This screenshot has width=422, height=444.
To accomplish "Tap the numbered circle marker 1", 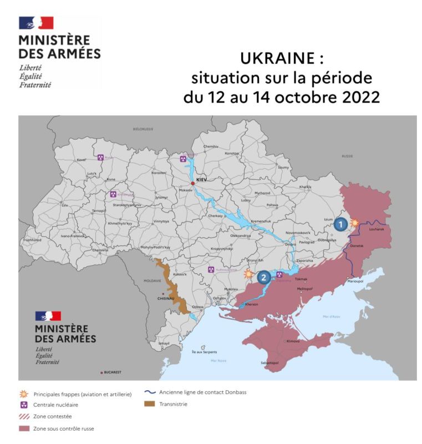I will tap(340, 224).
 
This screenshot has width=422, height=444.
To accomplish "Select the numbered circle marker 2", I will tap(264, 276).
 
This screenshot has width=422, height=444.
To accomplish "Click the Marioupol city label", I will tap(354, 281).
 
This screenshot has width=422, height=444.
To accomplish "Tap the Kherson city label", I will tap(252, 304).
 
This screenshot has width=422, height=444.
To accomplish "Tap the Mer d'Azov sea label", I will tap(332, 316).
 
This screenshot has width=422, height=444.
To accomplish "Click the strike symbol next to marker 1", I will tap(355, 221).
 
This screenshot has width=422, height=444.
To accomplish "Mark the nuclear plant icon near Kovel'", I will tap(100, 158).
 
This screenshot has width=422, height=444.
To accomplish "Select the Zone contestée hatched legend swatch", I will tap(24, 416).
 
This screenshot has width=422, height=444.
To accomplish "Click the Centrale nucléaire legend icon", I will tap(24, 405).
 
